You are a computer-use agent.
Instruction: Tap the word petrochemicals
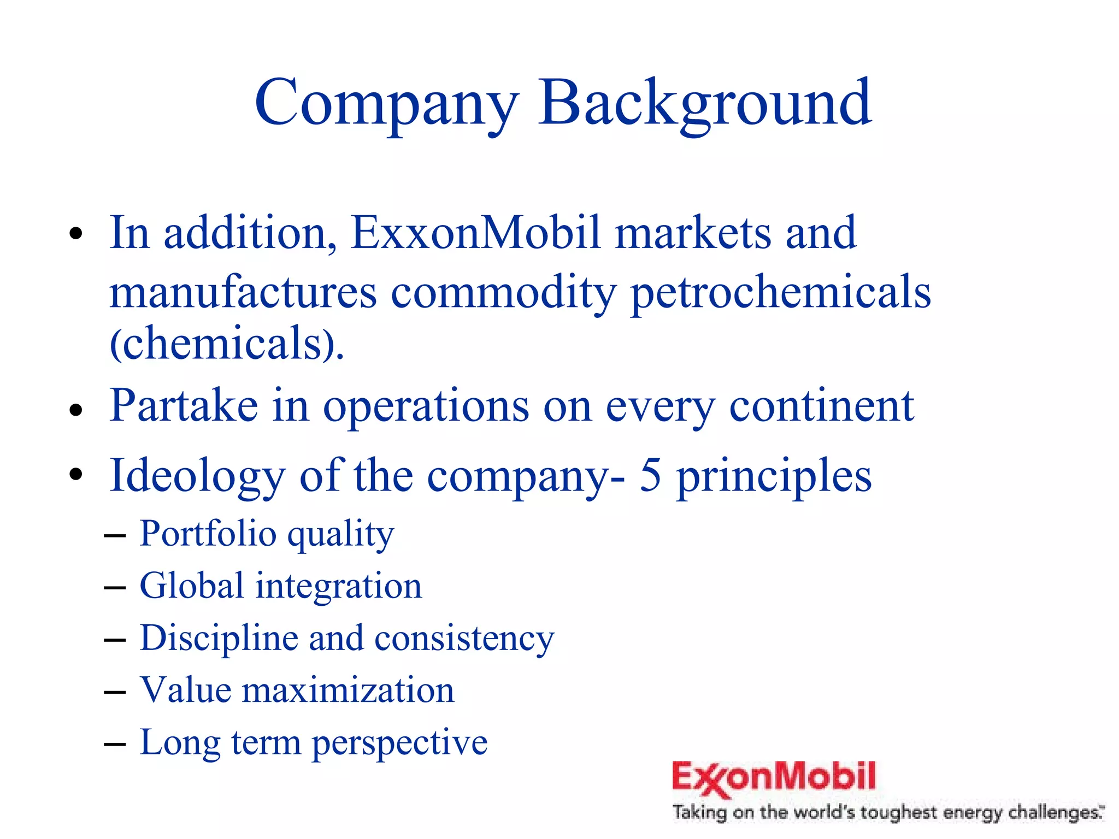pyautogui.click(x=780, y=292)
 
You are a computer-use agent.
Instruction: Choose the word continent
pyautogui.click(x=821, y=406)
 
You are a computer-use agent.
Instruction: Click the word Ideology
pyautogui.click(x=197, y=475)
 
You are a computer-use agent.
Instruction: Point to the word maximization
pyautogui.click(x=348, y=690)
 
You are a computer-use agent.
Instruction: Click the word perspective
pyautogui.click(x=399, y=743)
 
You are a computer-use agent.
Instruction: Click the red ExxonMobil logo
pyautogui.click(x=773, y=777)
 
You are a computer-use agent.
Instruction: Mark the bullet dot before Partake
pyautogui.click(x=76, y=410)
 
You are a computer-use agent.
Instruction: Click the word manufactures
pyautogui.click(x=243, y=292)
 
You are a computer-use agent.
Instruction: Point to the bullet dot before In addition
pyautogui.click(x=76, y=234)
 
